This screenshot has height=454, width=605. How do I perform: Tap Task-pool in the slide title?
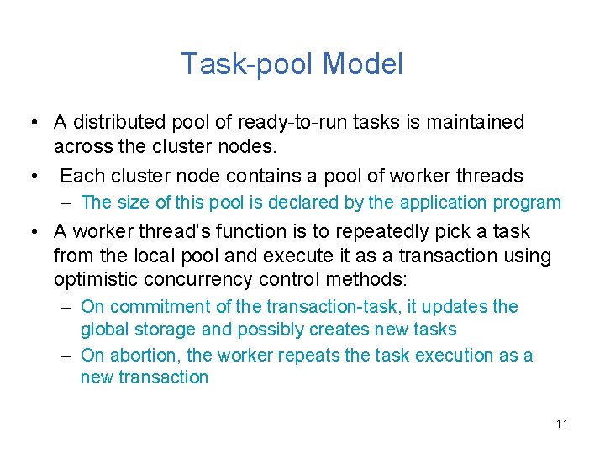pos(248,65)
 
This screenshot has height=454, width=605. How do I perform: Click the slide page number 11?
pos(561,423)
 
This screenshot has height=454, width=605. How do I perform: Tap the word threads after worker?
pos(487,176)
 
